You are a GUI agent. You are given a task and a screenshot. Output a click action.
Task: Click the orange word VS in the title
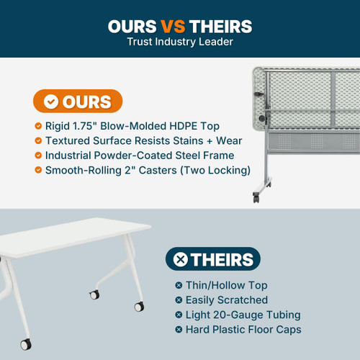pos(173,27)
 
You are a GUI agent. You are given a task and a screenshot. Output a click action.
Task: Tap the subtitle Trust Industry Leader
pos(180,42)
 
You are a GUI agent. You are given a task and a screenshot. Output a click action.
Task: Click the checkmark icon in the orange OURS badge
pos(51,102)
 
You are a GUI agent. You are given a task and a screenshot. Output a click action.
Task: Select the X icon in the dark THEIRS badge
pos(181,260)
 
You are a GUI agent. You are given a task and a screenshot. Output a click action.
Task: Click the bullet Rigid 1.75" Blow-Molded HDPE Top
pos(132,126)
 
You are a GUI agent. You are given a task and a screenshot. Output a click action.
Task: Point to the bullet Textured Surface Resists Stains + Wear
pos(143,140)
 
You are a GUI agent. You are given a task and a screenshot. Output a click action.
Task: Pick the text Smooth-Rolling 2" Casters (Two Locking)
pos(148,170)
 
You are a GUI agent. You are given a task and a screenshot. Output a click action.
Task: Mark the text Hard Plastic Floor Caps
pos(243,330)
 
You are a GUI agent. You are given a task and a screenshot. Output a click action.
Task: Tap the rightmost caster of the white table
pos(138,307)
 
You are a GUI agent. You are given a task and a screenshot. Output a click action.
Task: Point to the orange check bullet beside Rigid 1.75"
pos(38,126)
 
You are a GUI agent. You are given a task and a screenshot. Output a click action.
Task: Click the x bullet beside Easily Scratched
pos(179,300)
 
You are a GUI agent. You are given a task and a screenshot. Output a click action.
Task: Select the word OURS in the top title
pos(132,27)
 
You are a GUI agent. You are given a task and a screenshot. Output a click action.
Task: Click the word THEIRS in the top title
pos(221,27)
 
